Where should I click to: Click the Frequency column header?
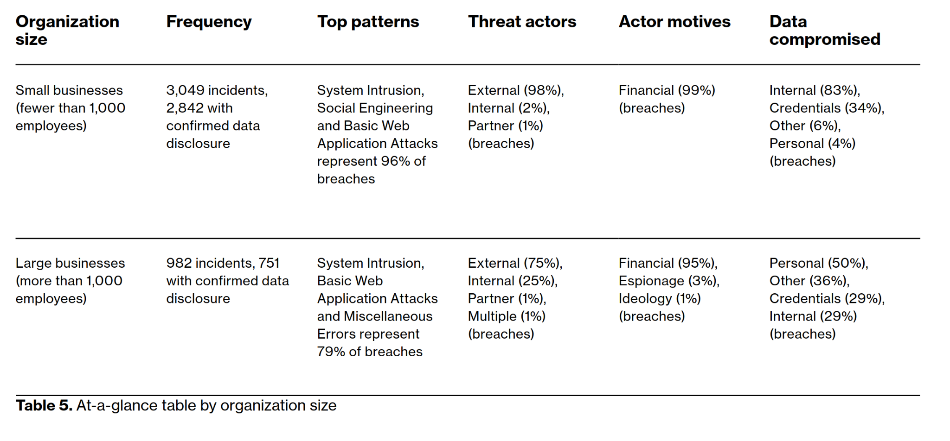pyautogui.click(x=209, y=22)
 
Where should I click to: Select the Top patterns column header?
pyautogui.click(x=368, y=22)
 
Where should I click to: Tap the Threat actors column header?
pyautogui.click(x=522, y=21)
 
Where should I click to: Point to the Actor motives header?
pyautogui.click(x=674, y=21)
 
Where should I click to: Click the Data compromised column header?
pyautogui.click(x=825, y=31)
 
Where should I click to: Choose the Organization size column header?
pyautogui.click(x=67, y=31)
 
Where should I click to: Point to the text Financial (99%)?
pyautogui.click(x=667, y=90)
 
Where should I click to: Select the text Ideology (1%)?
pyautogui.click(x=659, y=299)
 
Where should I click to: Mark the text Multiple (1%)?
pyautogui.click(x=507, y=316)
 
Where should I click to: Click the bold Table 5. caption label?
pyautogui.click(x=44, y=405)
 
